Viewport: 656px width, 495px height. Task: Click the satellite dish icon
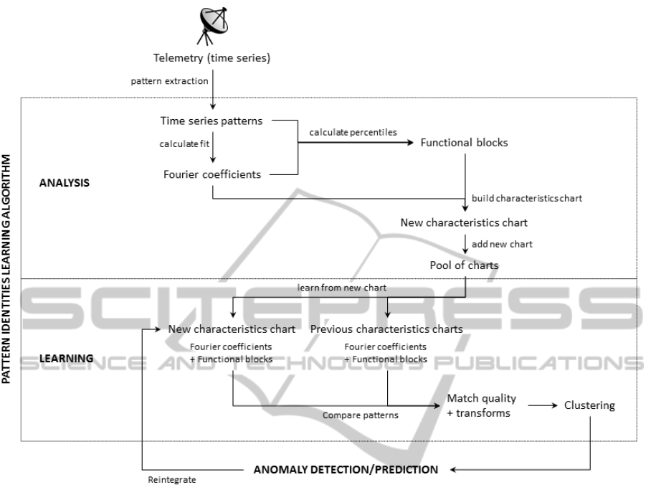(x=212, y=26)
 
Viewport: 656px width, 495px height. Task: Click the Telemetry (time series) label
(x=211, y=58)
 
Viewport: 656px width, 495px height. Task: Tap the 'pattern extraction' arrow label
(x=169, y=81)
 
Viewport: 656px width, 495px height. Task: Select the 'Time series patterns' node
(x=211, y=121)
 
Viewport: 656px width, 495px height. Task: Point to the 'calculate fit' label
(x=184, y=143)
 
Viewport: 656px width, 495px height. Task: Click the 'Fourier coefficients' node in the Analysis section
(x=212, y=174)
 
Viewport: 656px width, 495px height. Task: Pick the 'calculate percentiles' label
(x=353, y=132)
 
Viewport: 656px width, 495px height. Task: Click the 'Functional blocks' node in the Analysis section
(x=464, y=142)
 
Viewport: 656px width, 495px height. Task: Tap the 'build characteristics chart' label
(x=527, y=198)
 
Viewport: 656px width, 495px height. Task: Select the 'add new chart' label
(x=502, y=244)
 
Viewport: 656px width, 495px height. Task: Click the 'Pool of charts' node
(x=465, y=265)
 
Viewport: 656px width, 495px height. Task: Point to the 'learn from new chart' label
(x=342, y=288)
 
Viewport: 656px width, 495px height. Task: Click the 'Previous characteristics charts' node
(x=386, y=329)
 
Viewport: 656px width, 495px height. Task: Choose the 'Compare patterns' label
(x=360, y=415)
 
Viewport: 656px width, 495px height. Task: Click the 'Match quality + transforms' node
(x=481, y=405)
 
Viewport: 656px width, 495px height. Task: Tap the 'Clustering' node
(x=589, y=405)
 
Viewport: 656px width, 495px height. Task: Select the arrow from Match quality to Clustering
(x=543, y=405)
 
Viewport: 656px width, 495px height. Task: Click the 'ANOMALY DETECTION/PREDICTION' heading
(x=346, y=469)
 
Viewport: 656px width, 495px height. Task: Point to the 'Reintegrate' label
(x=172, y=480)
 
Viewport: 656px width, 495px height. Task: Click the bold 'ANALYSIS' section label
(x=65, y=183)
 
